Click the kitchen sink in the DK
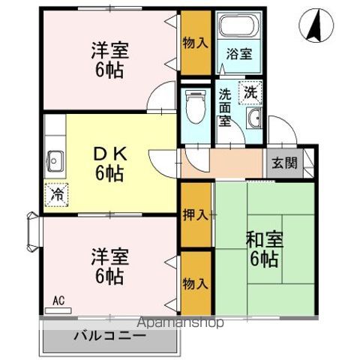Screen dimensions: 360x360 coord(56,160)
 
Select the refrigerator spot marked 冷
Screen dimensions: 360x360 coord(56,194)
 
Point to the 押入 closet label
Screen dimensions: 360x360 coord(196,215)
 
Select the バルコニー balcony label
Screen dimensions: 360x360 coord(109,335)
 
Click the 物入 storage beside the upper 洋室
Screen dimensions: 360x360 coord(195,43)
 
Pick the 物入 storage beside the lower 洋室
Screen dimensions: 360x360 coord(195,283)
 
